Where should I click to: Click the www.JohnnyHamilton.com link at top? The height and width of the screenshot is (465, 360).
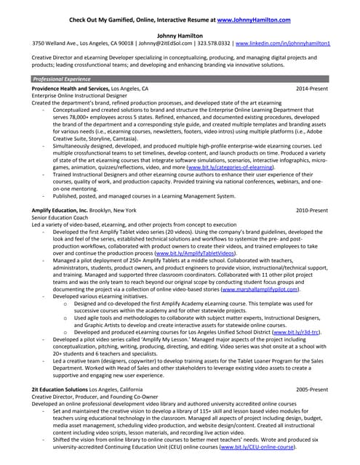[x=254, y=20]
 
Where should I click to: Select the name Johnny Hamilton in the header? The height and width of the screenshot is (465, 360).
[x=180, y=35]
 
